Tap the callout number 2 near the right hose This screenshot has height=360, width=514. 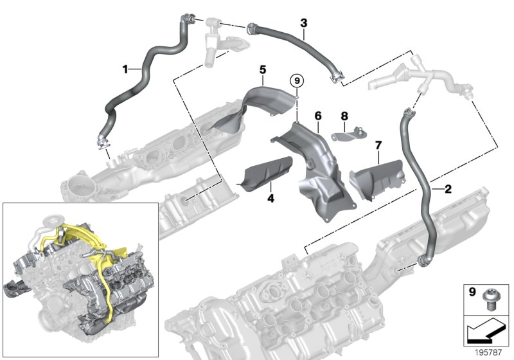click(446, 189)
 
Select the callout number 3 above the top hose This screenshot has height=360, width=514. click(303, 23)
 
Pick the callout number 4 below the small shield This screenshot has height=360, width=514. click(270, 199)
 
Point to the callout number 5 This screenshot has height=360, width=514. click(263, 68)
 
